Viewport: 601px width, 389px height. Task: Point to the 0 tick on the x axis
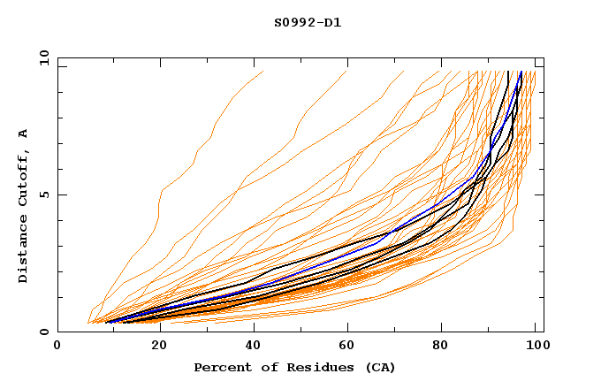coord(57,346)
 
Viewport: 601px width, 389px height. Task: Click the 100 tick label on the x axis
coord(534,346)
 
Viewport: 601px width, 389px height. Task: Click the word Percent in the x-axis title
coord(219,367)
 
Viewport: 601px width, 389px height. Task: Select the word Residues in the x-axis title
coord(308,367)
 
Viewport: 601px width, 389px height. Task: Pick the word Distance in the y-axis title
coord(23,252)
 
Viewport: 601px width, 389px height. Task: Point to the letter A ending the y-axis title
coord(23,133)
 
